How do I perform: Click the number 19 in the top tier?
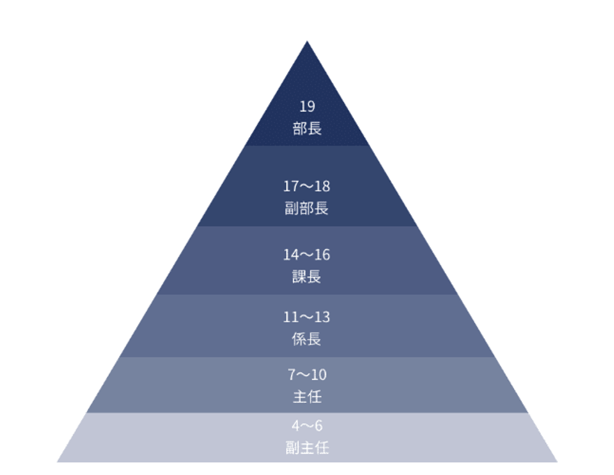point(307,106)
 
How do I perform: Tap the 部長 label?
point(307,128)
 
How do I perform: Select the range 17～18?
point(307,186)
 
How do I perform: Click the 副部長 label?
point(307,208)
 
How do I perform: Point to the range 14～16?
point(307,255)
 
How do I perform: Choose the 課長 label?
point(307,276)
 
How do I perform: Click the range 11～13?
point(307,317)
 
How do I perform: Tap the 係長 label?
point(307,339)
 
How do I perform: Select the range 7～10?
point(307,375)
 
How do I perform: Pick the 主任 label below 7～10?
point(307,397)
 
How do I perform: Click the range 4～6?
point(307,426)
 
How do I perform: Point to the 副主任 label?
point(307,447)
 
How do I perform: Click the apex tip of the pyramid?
point(307,42)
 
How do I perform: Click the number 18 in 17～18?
point(322,186)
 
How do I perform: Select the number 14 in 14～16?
point(291,255)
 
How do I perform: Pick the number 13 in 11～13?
point(322,317)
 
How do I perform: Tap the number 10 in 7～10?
point(319,375)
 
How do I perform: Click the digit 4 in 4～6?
point(296,426)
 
